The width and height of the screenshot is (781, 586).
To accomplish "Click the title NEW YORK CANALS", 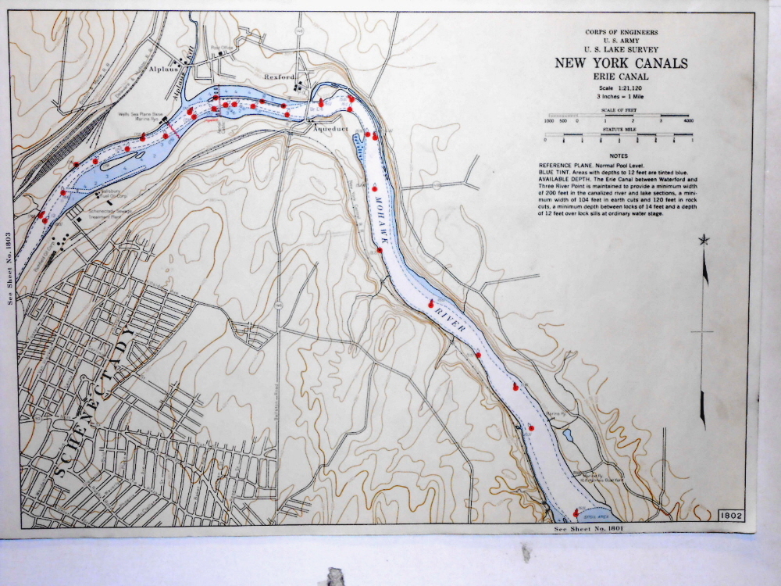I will click(x=621, y=63).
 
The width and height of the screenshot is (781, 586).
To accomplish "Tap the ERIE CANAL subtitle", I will click(x=622, y=77).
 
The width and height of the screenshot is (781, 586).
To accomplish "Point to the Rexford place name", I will click(x=279, y=77).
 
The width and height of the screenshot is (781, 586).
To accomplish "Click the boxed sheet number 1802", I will click(x=731, y=515).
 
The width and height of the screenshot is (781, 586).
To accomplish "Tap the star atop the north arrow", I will click(x=704, y=240).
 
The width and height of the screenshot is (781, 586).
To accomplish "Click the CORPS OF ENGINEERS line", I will click(x=621, y=32).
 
